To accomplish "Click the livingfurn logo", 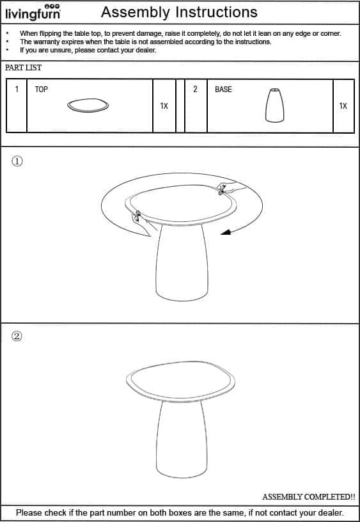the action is tap(33, 12).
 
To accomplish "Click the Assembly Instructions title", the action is tap(179, 12).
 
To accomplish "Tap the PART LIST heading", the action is tap(23, 68).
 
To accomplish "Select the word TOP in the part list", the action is tap(42, 89).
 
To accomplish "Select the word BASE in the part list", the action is tap(223, 89).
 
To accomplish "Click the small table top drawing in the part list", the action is tap(88, 105).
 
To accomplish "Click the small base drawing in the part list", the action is tap(275, 105).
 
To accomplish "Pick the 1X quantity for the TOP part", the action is tap(164, 106).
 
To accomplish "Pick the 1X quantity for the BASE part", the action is tap(343, 106).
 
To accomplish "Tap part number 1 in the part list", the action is tap(17, 89).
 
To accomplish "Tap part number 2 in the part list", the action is tap(195, 89).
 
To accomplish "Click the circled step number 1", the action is tap(17, 161).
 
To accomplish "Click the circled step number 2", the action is tap(17, 336).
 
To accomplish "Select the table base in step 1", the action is tap(182, 262).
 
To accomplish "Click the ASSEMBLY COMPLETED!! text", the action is tap(308, 496).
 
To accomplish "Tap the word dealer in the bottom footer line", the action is tap(331, 512).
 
